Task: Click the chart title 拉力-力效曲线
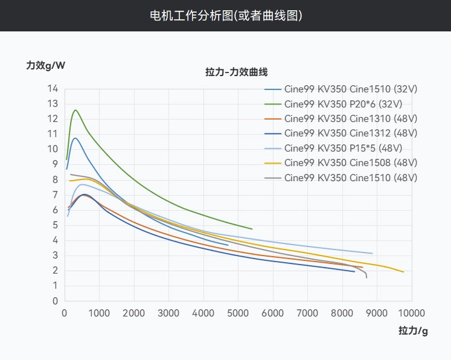[x=236, y=72]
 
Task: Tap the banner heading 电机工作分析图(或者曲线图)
[x=226, y=15]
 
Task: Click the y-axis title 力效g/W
[x=45, y=65]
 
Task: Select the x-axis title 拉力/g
[x=413, y=330]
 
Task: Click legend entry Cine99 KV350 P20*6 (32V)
[x=343, y=103]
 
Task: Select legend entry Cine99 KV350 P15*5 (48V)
[x=343, y=148]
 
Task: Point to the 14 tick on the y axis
[x=53, y=89]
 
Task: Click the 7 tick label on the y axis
[x=55, y=194]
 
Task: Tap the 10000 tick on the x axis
[x=411, y=313]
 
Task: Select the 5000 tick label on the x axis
[x=238, y=313]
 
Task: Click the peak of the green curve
[x=75, y=110]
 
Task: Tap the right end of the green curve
[x=252, y=229]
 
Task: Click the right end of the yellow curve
[x=403, y=272]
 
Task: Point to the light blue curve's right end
[x=372, y=253]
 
